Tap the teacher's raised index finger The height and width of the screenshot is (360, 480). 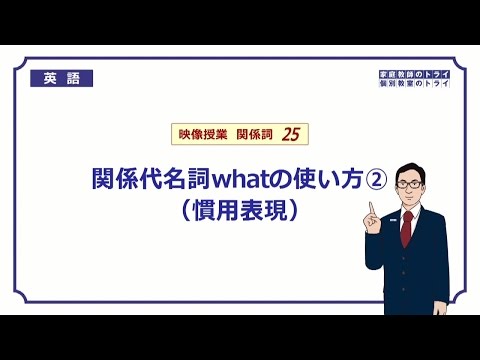coord(371,206)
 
